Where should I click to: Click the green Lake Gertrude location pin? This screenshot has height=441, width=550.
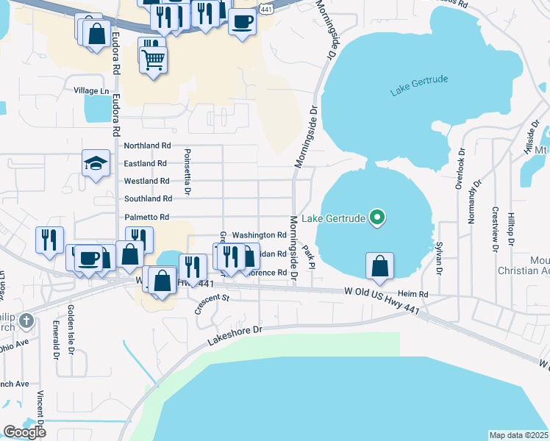click(x=377, y=218)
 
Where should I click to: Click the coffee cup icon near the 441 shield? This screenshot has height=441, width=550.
click(x=242, y=21)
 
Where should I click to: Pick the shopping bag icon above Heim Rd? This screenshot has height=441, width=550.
click(x=379, y=266)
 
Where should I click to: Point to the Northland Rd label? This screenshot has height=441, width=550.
click(x=147, y=146)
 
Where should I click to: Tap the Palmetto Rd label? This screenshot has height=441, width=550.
click(x=147, y=217)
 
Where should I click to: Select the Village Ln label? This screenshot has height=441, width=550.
click(x=91, y=90)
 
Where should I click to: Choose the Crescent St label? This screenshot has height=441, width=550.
click(x=213, y=304)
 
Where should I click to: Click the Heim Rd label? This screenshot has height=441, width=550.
click(x=413, y=294)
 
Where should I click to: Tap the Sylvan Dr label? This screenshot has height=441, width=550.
click(x=439, y=259)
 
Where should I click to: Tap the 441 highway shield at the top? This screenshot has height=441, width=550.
click(x=267, y=9)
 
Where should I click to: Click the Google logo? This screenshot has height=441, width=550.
click(x=24, y=432)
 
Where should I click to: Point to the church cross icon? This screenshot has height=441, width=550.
click(x=26, y=321)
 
